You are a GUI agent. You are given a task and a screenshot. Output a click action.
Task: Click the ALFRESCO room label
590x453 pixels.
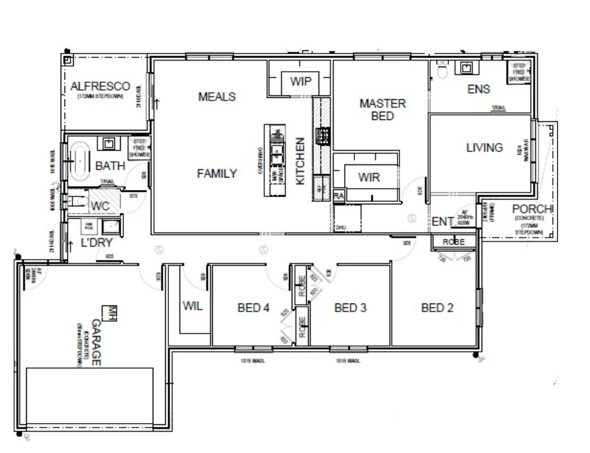(101, 86)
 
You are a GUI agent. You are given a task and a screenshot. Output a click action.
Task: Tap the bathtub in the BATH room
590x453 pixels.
(80, 159)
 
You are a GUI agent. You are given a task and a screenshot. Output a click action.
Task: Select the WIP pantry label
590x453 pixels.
(301, 82)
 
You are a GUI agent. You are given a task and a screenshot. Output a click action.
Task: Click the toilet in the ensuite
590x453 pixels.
(441, 69)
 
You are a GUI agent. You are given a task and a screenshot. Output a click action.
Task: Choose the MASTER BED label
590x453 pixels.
(382, 110)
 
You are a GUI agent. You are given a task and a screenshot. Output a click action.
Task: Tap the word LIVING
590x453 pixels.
(484, 148)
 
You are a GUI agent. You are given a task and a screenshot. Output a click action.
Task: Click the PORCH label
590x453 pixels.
(533, 209)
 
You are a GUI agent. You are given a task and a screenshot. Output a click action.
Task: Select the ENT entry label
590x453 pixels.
(442, 222)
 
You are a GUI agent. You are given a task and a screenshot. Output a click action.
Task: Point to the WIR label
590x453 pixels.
(369, 177)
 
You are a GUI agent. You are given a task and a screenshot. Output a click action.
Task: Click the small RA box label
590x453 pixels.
(339, 196)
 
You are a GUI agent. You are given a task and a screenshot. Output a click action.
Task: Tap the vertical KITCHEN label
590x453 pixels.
(300, 161)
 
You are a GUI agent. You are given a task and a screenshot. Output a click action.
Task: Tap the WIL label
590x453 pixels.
(193, 305)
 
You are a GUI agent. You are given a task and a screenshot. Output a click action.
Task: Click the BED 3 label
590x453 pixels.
(350, 308)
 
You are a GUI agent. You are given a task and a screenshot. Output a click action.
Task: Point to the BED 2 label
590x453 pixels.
(437, 308)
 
